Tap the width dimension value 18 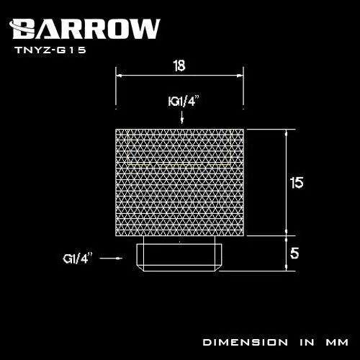pos(180,66)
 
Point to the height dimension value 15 pos(296,182)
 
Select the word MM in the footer pos(336,340)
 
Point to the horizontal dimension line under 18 pos(180,75)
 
